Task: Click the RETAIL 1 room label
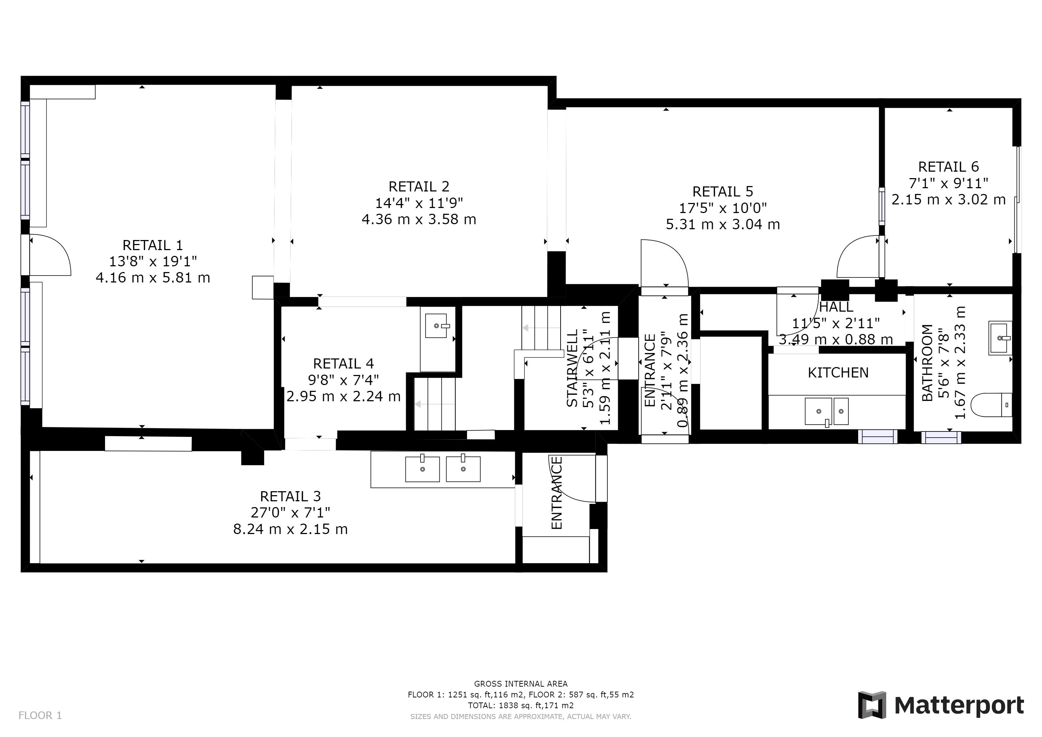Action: coord(153,245)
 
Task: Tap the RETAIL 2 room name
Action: coord(419,186)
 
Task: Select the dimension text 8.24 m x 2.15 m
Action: coord(290,529)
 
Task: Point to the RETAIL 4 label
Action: coord(344,363)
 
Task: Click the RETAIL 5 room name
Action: coord(723,191)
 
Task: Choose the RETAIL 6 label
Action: coord(948,167)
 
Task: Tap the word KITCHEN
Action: coord(838,372)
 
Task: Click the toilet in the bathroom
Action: coord(992,405)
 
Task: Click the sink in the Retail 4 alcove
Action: coord(436,326)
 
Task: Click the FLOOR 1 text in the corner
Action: coord(40,716)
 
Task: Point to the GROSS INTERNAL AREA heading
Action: coord(521,684)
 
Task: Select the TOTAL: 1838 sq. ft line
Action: coord(521,706)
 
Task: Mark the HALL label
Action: coord(836,307)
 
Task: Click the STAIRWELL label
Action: coord(572,368)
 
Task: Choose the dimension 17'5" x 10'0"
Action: coord(723,208)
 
